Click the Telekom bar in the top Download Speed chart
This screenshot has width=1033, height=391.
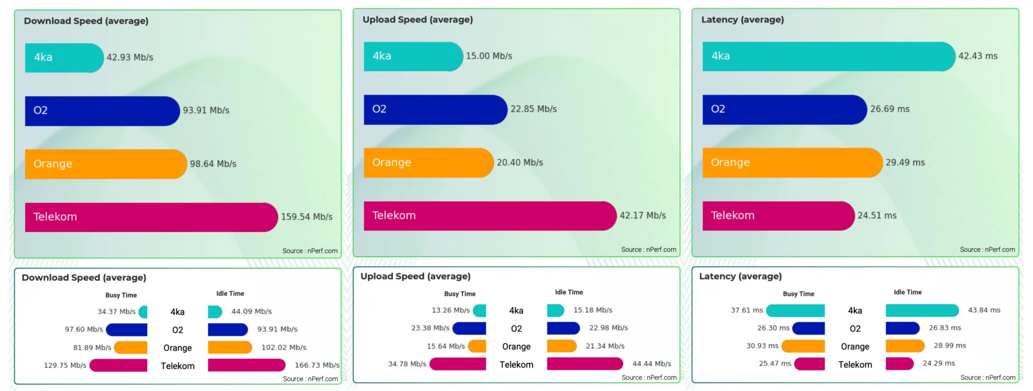(x=151, y=217)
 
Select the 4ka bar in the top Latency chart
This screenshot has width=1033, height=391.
(x=829, y=56)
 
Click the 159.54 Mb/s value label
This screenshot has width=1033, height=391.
(x=307, y=217)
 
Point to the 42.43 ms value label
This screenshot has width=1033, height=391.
(x=978, y=56)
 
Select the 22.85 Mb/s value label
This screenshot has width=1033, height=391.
(x=533, y=109)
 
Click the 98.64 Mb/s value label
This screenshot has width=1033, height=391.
(x=213, y=164)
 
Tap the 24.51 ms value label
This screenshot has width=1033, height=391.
(x=877, y=216)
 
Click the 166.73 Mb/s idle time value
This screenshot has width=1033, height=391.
(x=317, y=365)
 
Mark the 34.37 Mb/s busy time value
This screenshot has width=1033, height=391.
(x=116, y=312)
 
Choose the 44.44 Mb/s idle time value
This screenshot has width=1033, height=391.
(x=652, y=364)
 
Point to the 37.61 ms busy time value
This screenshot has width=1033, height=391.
(x=746, y=310)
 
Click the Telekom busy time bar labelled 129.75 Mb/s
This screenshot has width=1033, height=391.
(x=118, y=366)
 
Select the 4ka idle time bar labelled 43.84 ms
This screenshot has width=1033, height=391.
(x=922, y=310)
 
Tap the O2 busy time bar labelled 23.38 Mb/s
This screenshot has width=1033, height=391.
(x=469, y=328)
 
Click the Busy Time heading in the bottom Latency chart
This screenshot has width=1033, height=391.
(x=798, y=294)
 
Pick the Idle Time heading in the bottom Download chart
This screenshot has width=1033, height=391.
(x=230, y=294)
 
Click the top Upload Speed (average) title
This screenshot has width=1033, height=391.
(x=418, y=20)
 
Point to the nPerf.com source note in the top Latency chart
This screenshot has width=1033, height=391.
(x=987, y=250)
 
